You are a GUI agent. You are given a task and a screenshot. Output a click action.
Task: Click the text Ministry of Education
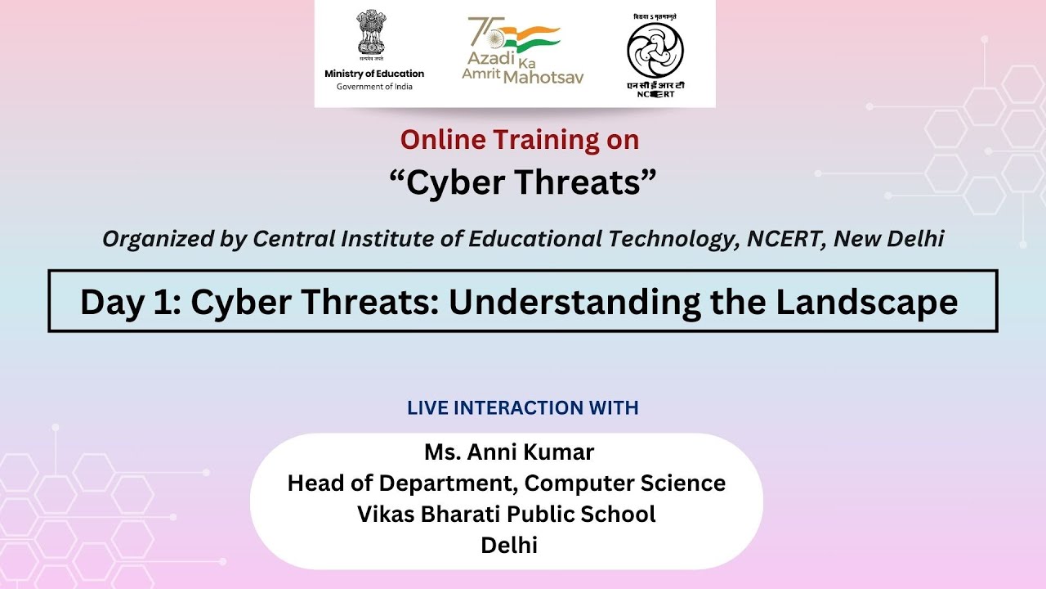374,74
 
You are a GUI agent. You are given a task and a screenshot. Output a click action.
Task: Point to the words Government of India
374,87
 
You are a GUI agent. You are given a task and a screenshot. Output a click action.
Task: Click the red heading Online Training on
520,140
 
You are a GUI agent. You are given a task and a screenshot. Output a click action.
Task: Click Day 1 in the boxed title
128,303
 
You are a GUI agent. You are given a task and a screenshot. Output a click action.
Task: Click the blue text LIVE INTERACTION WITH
523,407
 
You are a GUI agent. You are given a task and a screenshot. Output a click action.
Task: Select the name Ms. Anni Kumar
509,452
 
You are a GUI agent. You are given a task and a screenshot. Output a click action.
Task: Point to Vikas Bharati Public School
507,514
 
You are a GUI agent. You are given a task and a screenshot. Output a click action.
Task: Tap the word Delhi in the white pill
509,545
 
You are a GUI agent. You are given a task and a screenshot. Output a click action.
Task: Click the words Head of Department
400,483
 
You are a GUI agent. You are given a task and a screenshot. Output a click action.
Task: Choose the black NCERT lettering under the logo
655,94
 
